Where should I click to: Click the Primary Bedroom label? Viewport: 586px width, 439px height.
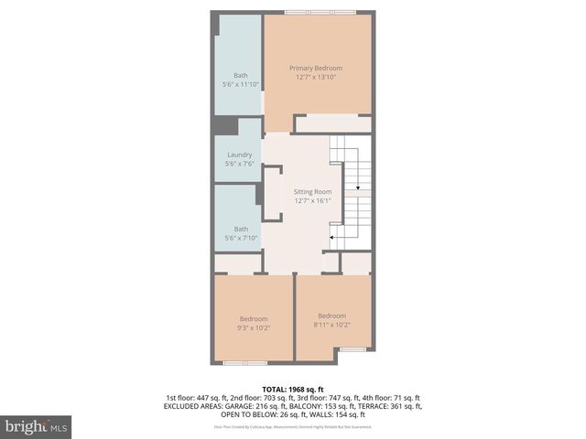click(316, 69)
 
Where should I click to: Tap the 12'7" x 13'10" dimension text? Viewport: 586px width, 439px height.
click(316, 78)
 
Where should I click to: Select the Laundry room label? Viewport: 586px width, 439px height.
click(240, 155)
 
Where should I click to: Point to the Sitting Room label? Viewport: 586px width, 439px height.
click(312, 192)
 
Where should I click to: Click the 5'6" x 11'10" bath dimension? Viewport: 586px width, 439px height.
click(241, 84)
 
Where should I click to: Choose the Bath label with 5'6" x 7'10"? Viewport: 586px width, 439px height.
click(241, 229)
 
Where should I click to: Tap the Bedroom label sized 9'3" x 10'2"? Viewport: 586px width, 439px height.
click(254, 318)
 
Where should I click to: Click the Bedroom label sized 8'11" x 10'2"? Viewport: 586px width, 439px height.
click(331, 316)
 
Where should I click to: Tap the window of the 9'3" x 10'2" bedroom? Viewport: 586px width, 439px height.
click(245, 363)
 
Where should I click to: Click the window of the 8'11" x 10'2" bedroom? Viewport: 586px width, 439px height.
click(352, 349)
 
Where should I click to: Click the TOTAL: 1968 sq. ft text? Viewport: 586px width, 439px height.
click(292, 387)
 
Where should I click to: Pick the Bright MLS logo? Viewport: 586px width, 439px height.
click(37, 425)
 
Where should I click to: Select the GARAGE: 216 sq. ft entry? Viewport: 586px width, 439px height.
click(274, 406)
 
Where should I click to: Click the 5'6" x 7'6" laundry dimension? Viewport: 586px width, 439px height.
click(240, 165)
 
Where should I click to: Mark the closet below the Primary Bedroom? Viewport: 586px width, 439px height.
click(331, 123)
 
